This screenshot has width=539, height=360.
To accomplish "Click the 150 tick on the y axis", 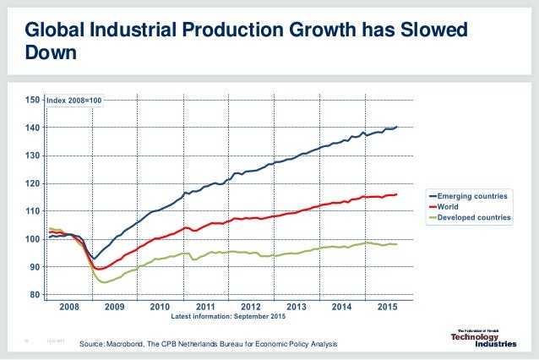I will (33, 100).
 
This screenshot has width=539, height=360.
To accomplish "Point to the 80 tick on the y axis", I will (35, 295).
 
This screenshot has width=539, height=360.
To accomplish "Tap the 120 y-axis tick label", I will (33, 183).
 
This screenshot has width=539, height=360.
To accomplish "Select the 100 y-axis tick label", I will (33, 239).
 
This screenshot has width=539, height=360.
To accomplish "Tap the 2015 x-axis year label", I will (388, 306).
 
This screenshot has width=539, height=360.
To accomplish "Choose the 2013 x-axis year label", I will (297, 306).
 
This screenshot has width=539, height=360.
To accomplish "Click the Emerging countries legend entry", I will (473, 196).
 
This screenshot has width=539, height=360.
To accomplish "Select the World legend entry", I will (449, 206).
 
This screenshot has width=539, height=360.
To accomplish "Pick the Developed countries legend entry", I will (474, 217).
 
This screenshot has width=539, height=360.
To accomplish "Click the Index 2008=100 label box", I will (73, 101).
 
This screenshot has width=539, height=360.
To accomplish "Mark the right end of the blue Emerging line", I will (397, 127).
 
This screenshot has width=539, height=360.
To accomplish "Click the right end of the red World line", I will (397, 194).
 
